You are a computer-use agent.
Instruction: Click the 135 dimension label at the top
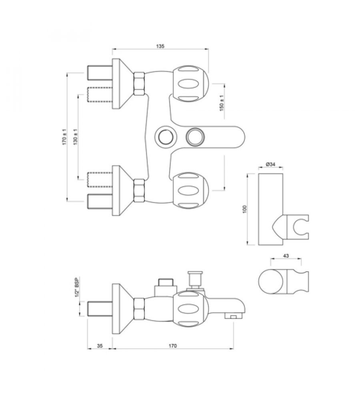(x=160, y=46)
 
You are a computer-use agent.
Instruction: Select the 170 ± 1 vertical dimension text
(x=64, y=137)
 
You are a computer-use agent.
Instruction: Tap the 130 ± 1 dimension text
(x=76, y=137)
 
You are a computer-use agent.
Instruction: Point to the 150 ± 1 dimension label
(x=222, y=103)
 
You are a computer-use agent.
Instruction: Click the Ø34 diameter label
(x=270, y=164)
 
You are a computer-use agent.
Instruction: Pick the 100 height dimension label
(x=245, y=209)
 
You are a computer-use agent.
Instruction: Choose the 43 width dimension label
(x=286, y=256)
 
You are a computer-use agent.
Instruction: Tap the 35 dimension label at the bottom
(x=100, y=346)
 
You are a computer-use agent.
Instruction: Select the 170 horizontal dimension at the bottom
(x=173, y=346)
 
